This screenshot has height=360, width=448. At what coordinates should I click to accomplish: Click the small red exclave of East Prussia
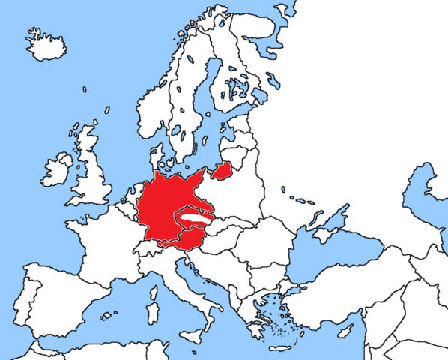[x=221, y=172]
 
